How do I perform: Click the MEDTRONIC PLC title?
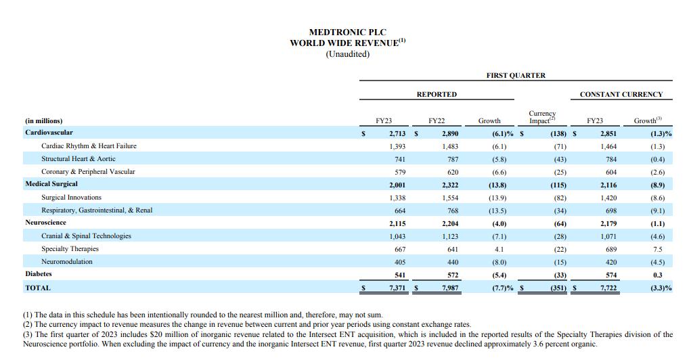tap(347, 32)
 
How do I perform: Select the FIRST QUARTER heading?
tap(515, 76)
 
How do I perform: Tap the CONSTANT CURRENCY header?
tap(621, 94)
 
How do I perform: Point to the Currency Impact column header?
tap(541, 118)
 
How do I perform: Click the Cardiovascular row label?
tap(49, 133)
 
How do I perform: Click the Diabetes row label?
tap(39, 274)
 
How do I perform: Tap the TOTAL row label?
tap(38, 288)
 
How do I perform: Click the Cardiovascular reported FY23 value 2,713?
tap(397, 133)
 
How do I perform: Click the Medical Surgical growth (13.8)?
tap(497, 184)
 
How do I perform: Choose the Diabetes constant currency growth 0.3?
tap(657, 275)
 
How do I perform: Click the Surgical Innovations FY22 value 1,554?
tap(449, 198)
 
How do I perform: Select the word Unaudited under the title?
tap(347, 53)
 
